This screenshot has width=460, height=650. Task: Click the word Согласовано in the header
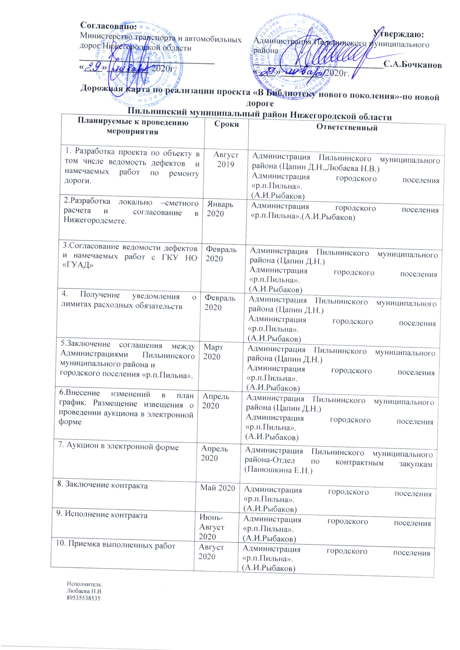[x=108, y=26]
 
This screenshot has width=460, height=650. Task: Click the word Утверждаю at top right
[x=398, y=34]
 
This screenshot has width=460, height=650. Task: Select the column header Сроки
[x=226, y=124]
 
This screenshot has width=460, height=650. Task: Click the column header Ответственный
[x=347, y=127]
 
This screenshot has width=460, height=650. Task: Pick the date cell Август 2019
[x=226, y=160]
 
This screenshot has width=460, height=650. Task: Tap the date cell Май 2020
[x=217, y=488]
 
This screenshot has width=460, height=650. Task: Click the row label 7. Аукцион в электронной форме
[x=118, y=447]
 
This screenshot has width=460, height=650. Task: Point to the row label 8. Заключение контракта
[x=102, y=485]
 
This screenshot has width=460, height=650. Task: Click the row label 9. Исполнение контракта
[x=102, y=514]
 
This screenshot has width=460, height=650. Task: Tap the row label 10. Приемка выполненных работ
[x=116, y=545]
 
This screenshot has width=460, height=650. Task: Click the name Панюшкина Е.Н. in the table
[x=278, y=470]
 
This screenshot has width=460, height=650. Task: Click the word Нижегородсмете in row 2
[x=95, y=221]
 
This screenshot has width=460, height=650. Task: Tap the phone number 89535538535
[x=83, y=598]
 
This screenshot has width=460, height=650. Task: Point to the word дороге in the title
[x=260, y=104]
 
